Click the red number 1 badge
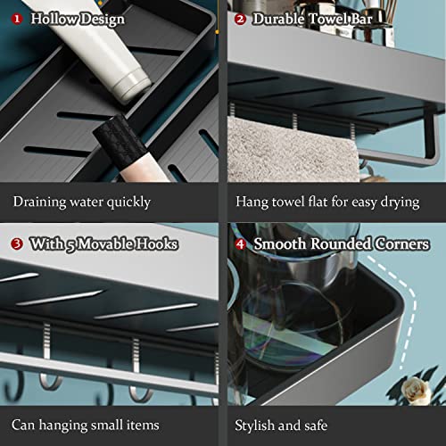click(17, 19)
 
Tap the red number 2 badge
click(240, 20)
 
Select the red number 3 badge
click(17, 244)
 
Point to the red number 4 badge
click(240, 244)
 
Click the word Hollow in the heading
click(54, 19)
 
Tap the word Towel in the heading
click(328, 19)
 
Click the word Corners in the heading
click(402, 244)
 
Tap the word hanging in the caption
click(63, 425)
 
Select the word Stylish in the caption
click(254, 425)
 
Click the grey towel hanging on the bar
click(293, 150)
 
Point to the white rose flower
click(416, 389)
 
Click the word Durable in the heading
click(278, 19)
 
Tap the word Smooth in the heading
click(280, 244)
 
